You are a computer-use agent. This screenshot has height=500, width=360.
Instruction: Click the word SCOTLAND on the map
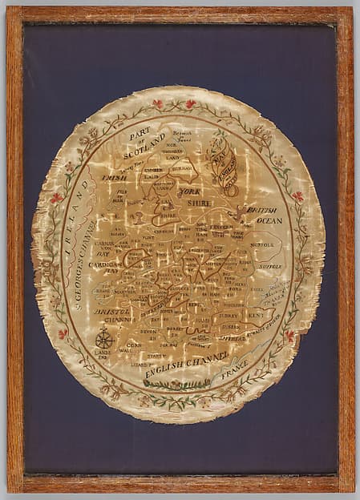tap(146, 148)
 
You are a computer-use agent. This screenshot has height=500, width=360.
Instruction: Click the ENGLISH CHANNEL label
tap(185, 368)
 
